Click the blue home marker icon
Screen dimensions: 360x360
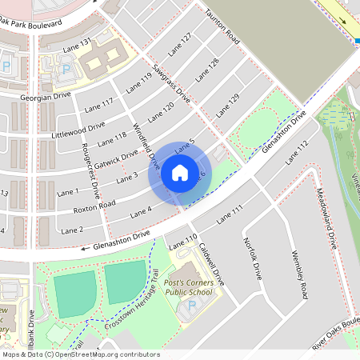[x=180, y=173]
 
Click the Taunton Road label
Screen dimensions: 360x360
[x=222, y=23]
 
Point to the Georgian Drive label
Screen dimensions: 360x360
[x=46, y=95]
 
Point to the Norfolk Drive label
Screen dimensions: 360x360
[x=252, y=258]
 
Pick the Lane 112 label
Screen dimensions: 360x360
[x=295, y=148]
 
